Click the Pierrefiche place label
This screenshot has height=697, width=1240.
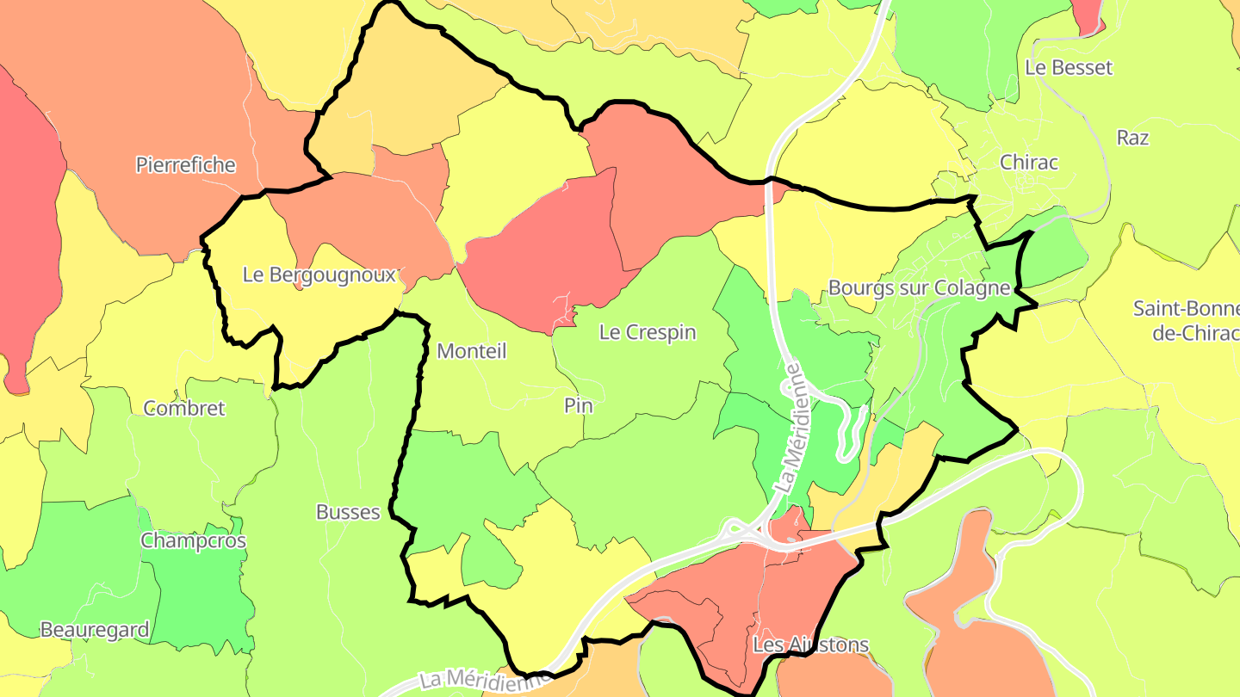pos(185,164)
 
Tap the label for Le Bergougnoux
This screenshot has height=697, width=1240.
pos(319,275)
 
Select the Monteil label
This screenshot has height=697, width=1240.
pos(471,351)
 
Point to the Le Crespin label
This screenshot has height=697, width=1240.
pos(648,332)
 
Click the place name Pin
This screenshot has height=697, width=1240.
pos(579,405)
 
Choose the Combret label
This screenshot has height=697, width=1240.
pos(184,408)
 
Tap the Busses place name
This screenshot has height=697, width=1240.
pos(348,512)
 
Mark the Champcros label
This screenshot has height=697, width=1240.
pos(193,541)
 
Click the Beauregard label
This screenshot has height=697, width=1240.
pos(95,630)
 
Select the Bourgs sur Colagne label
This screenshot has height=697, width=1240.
pos(918,287)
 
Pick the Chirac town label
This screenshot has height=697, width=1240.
pos(1028,163)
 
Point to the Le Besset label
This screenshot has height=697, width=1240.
pos(1069,67)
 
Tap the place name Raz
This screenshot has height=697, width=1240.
pos(1132,138)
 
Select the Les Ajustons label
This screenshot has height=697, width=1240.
pos(810,645)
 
